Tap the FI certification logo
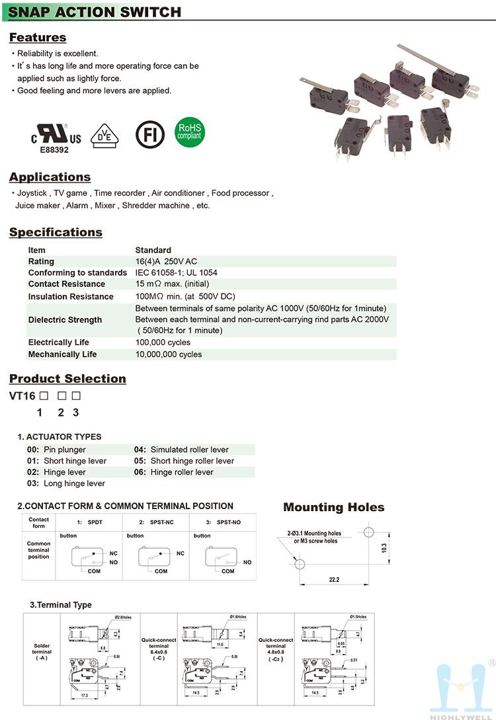[149, 134]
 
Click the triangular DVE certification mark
[104, 134]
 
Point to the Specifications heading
[56, 232]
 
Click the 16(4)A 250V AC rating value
[166, 262]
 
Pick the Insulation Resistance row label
[71, 297]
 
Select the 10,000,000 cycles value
[168, 354]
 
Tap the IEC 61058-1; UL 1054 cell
[176, 272]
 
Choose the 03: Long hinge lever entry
[65, 484]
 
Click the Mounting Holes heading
[333, 508]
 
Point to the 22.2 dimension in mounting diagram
[333, 580]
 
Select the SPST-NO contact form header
[222, 522]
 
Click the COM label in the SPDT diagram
[94, 571]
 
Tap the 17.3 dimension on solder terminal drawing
[83, 696]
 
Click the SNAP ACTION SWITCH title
[95, 12]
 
